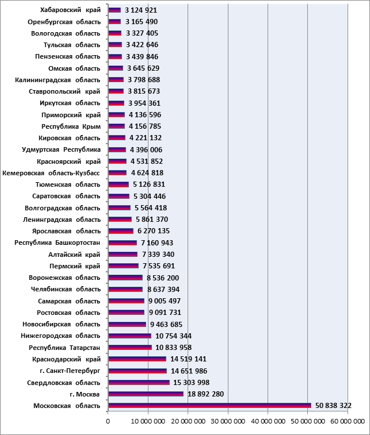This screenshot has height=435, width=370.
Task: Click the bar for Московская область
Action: coord(209,406)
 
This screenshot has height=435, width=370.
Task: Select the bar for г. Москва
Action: coord(146,394)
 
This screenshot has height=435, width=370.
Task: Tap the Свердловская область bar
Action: coord(139,382)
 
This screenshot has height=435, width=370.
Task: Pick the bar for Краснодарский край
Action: coord(137,359)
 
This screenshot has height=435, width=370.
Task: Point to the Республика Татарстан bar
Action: coord(130,347)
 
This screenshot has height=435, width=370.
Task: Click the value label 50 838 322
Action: coord(333,406)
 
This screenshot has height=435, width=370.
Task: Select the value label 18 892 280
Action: coord(205,394)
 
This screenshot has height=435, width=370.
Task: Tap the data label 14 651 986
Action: coord(189,371)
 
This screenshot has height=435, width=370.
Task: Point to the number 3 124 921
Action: coord(141,10)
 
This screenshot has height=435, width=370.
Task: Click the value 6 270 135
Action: coord(153,231)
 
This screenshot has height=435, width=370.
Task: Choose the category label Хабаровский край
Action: coord(70,10)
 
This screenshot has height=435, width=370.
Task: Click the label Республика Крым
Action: coord(71,126)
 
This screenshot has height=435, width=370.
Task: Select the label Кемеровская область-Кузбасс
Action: coord(51,173)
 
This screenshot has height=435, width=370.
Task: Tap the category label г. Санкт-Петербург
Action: coord(70,371)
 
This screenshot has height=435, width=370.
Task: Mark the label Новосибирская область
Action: coord(61,324)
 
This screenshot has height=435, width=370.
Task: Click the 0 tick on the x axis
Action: coord(108,421)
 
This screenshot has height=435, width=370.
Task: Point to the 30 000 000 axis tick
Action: coord(228,421)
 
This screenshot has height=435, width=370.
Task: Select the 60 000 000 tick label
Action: coord(348,421)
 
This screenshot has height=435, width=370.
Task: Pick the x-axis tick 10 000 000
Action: coord(148,421)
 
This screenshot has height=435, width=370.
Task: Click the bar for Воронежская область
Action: coord(125,278)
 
